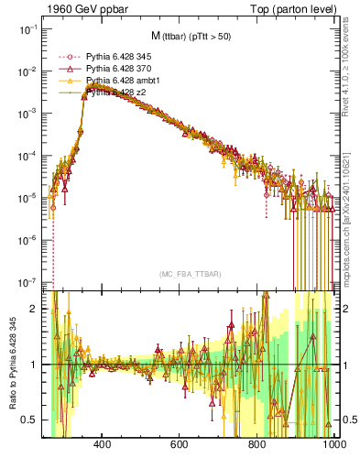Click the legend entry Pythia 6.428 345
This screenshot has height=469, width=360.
point(120,57)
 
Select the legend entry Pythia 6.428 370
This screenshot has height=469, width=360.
point(120,69)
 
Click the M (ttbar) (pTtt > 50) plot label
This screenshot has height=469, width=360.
point(193,36)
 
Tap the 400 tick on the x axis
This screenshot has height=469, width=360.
point(103,444)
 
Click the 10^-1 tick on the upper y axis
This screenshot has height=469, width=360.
point(27,29)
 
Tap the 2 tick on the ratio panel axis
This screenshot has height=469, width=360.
point(34,309)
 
